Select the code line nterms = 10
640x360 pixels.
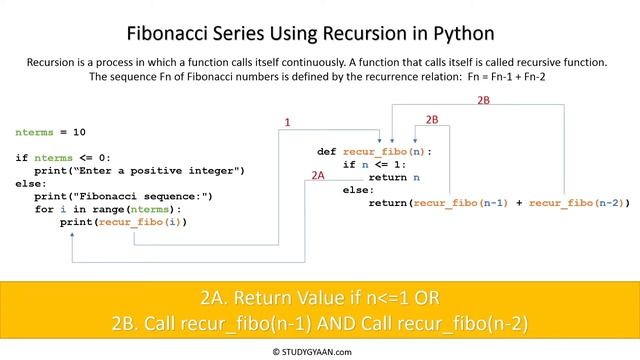50,132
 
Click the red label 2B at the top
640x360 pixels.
484,101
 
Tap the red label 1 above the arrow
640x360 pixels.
287,123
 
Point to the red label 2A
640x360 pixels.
319,175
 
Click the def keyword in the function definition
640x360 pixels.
327,151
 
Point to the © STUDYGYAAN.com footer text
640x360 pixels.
319,352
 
